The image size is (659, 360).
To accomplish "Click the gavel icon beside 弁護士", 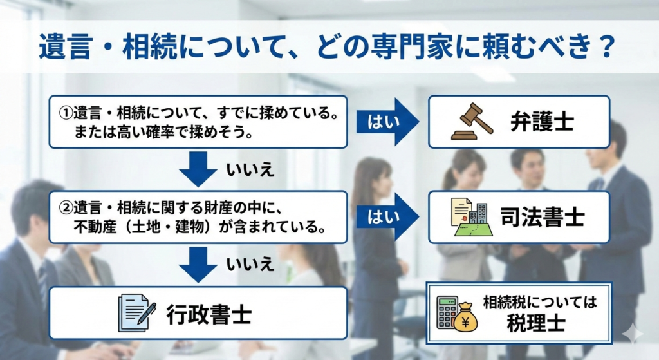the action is pyautogui.click(x=472, y=122).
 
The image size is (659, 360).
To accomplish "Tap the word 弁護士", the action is pyautogui.click(x=542, y=122).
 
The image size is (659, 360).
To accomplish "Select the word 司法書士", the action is pyautogui.click(x=542, y=218).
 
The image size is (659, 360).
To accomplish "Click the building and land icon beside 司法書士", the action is pyautogui.click(x=472, y=217).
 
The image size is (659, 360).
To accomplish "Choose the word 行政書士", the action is pyautogui.click(x=209, y=314).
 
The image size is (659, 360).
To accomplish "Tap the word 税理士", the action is pyautogui.click(x=536, y=323).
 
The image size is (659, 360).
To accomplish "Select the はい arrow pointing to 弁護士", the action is pyautogui.click(x=387, y=122).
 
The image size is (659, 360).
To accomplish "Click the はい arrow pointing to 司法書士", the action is pyautogui.click(x=387, y=217).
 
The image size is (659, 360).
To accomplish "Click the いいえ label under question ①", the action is pyautogui.click(x=250, y=170).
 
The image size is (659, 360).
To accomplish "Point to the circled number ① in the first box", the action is pyautogui.click(x=66, y=113).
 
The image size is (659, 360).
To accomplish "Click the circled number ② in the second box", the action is pyautogui.click(x=66, y=208).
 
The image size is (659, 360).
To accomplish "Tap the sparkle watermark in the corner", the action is pyautogui.click(x=633, y=334).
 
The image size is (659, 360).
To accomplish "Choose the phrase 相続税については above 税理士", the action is pyautogui.click(x=540, y=302).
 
